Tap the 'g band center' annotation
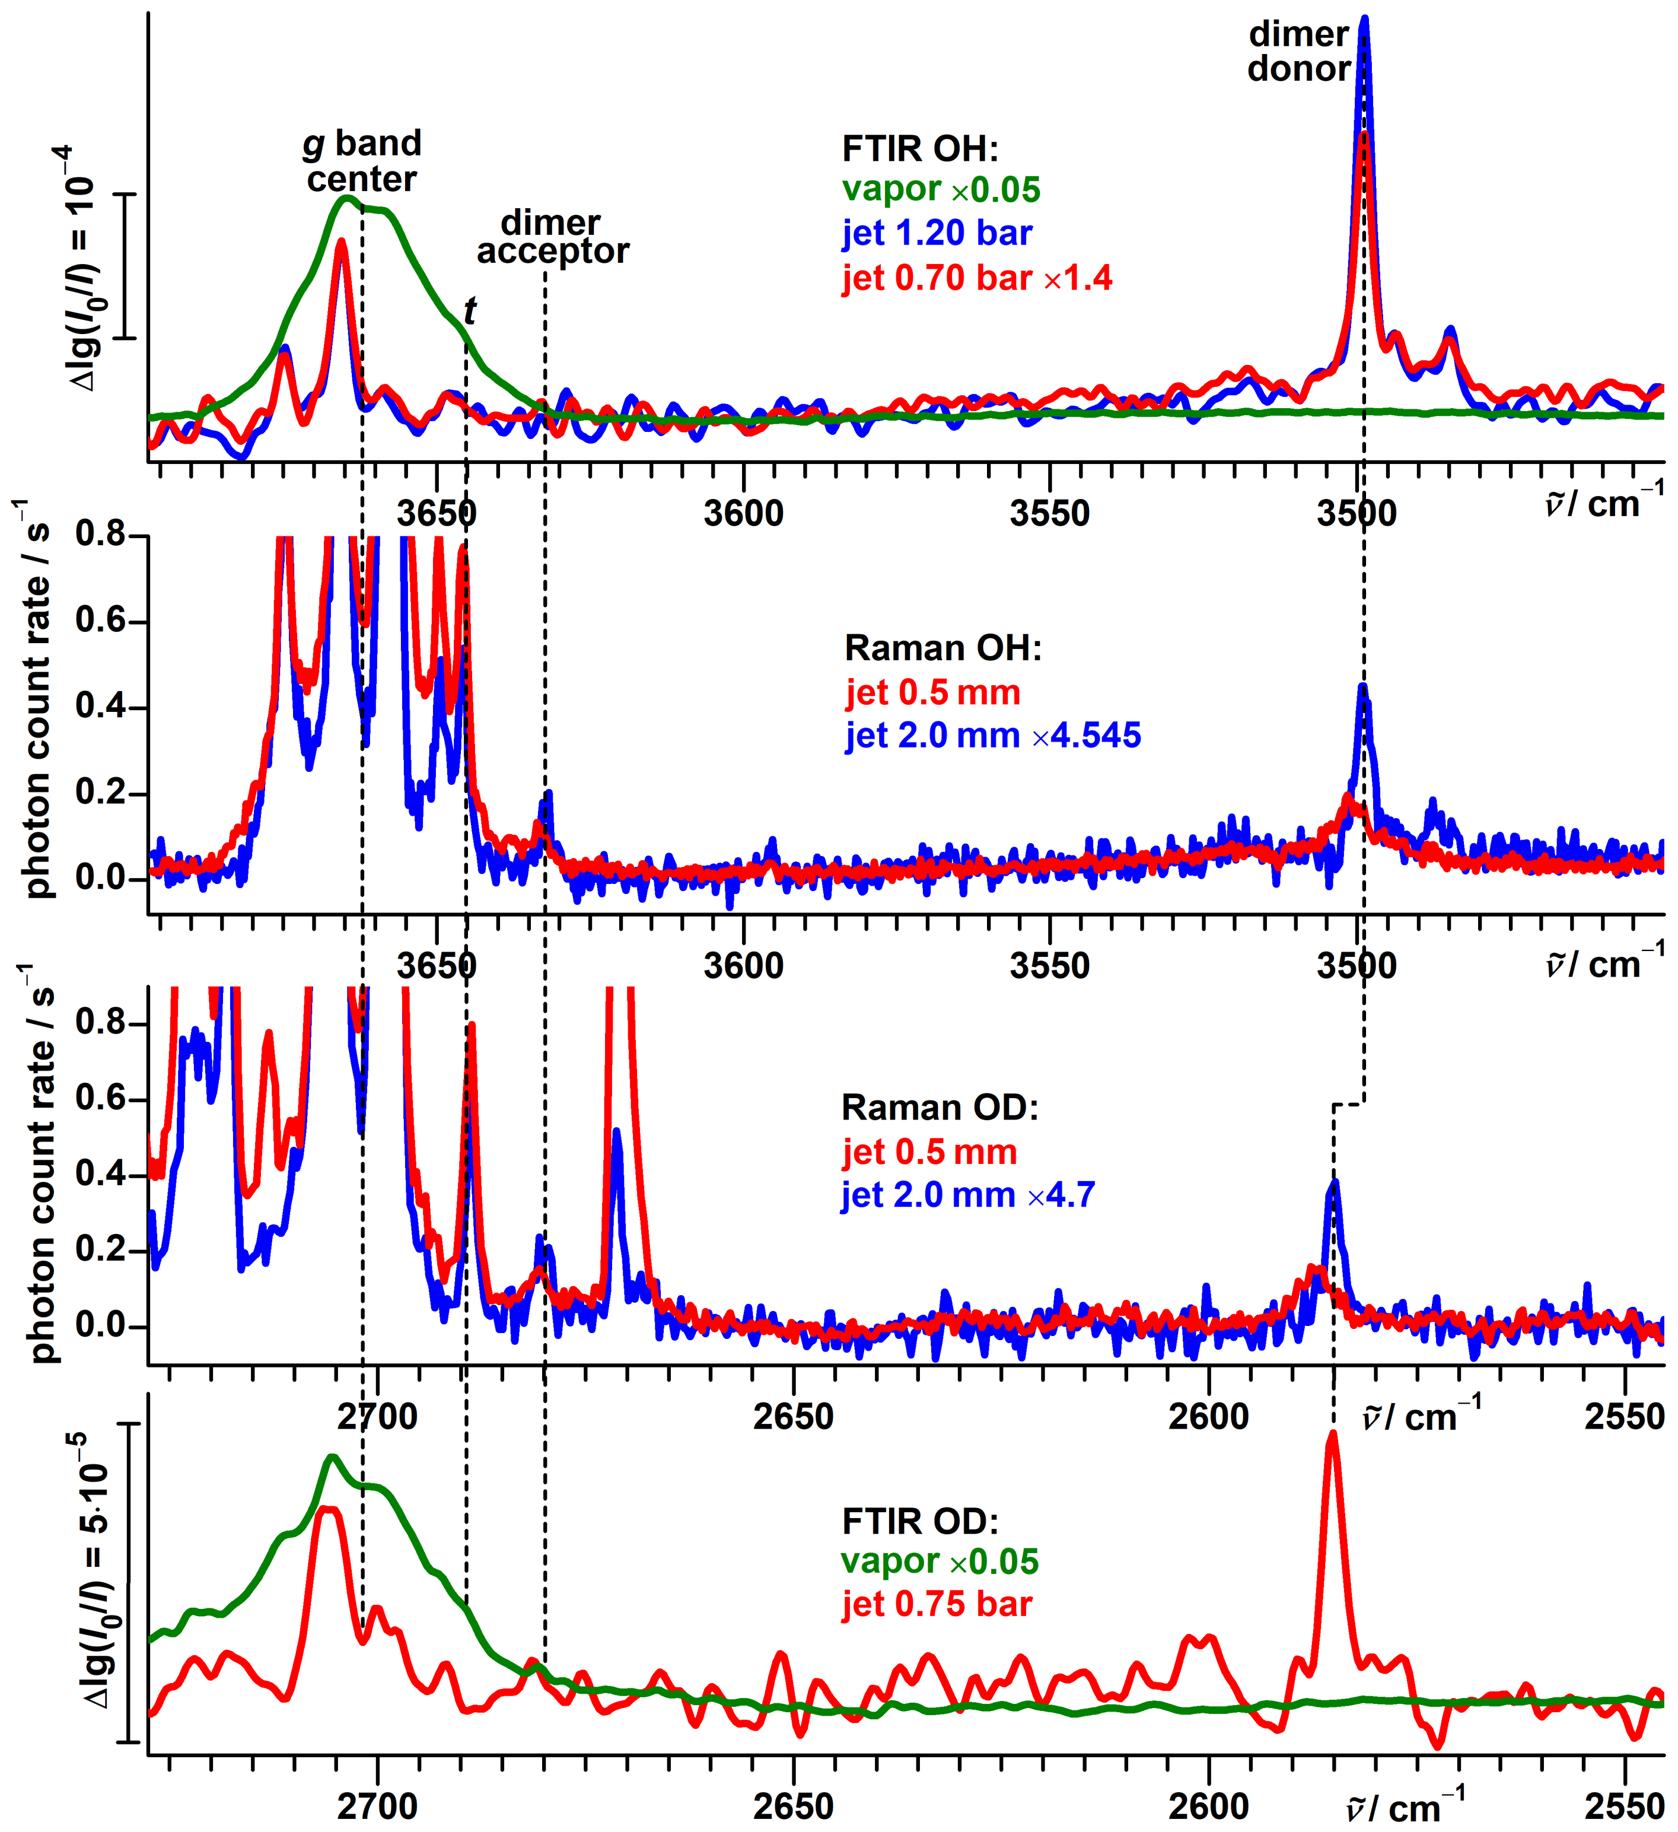[362, 161]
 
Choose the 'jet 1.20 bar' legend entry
[937, 234]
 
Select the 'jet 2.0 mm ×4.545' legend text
[993, 735]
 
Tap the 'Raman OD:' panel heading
[940, 1107]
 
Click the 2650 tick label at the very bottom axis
[793, 1806]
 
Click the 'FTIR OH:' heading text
[919, 148]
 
